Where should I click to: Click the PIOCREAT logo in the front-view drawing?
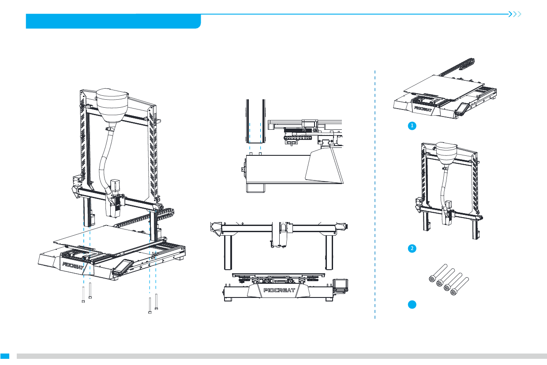tap(279, 290)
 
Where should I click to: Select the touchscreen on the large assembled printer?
tap(123, 266)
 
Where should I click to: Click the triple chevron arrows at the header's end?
tap(515, 14)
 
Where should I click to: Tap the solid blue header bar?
tap(113, 21)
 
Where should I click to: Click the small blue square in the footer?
tap(5, 356)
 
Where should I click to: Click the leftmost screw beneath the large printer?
tap(83, 294)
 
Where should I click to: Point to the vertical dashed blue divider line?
tap(375, 194)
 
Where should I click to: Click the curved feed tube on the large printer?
tap(105, 159)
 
